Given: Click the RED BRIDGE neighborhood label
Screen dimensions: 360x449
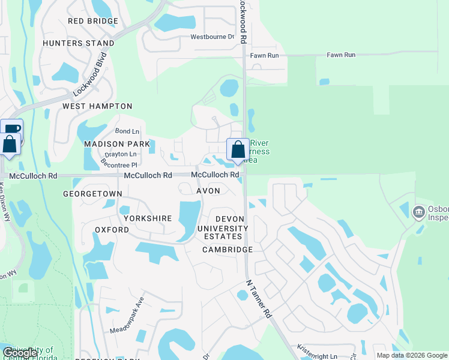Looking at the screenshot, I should [x=93, y=21].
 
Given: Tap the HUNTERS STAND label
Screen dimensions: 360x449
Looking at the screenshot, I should [x=79, y=43].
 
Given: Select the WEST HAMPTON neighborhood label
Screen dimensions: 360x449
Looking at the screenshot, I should [x=97, y=106].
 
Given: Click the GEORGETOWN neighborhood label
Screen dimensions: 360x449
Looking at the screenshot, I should [x=92, y=194].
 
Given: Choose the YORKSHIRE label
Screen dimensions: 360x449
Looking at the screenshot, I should [x=148, y=218].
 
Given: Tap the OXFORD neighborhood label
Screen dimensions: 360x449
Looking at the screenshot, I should [x=112, y=230].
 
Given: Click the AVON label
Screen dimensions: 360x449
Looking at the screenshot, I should [x=208, y=191].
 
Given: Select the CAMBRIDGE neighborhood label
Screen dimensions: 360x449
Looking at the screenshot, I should [x=228, y=250].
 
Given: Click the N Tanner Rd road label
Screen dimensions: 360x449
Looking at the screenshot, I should [x=259, y=299].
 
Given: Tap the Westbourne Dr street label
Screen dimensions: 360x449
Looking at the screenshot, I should [x=212, y=37].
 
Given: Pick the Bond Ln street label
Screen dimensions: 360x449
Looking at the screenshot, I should [x=127, y=131].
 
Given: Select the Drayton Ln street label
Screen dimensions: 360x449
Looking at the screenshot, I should [x=119, y=154].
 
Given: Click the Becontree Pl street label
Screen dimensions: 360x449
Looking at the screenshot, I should [x=119, y=163].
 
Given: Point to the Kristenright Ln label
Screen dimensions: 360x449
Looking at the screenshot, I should [x=318, y=352].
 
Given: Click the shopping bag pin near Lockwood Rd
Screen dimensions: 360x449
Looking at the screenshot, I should [x=238, y=150].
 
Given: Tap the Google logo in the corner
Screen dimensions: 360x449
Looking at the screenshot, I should [x=20, y=353].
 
